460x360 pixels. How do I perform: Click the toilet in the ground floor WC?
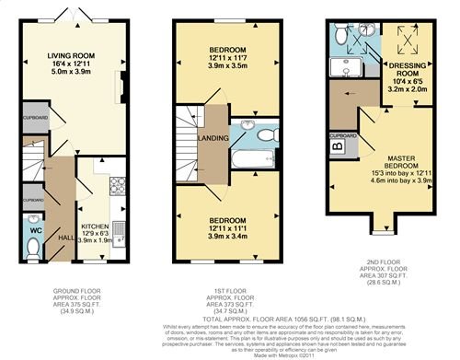coord(35,246)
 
